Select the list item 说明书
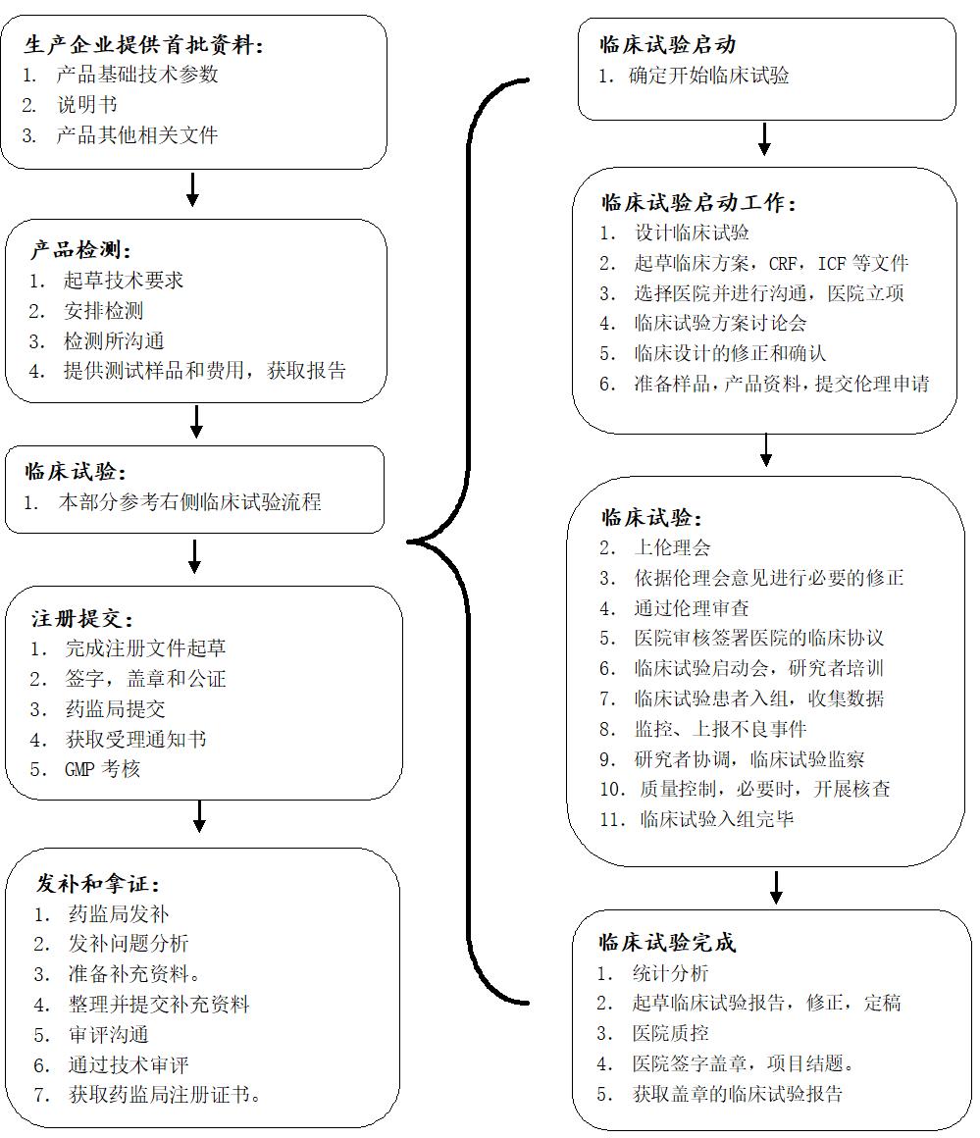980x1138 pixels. [x=87, y=105]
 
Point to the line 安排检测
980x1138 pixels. [x=103, y=311]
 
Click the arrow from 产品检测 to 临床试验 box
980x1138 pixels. [x=196, y=421]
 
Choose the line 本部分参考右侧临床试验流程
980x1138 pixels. [x=189, y=502]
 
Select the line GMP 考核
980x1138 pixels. [x=102, y=769]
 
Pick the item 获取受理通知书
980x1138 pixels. [x=135, y=740]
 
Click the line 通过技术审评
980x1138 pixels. [x=129, y=1064]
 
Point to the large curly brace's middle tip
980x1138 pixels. [x=407, y=542]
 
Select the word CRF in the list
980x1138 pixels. [x=783, y=264]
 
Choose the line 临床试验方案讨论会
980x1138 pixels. [x=720, y=323]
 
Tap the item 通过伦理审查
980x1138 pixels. [x=691, y=608]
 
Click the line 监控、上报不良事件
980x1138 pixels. [x=720, y=729]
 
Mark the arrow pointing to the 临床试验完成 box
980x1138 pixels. [x=776, y=888]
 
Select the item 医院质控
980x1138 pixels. [x=670, y=1033]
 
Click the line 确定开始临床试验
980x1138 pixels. [x=709, y=76]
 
